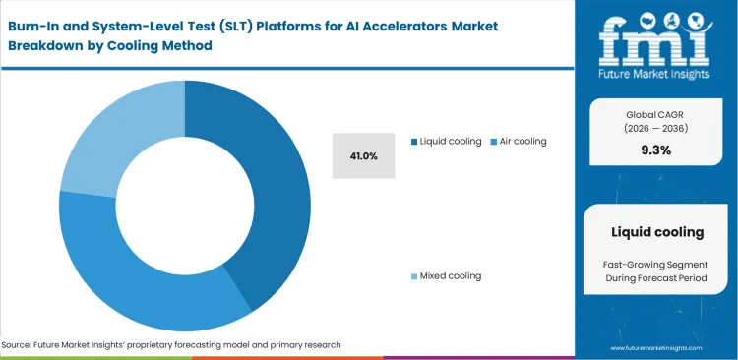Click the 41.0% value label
click(364, 155)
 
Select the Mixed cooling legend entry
click(450, 275)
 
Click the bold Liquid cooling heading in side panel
click(656, 232)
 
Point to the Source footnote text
click(171, 345)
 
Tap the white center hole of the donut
click(185, 206)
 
